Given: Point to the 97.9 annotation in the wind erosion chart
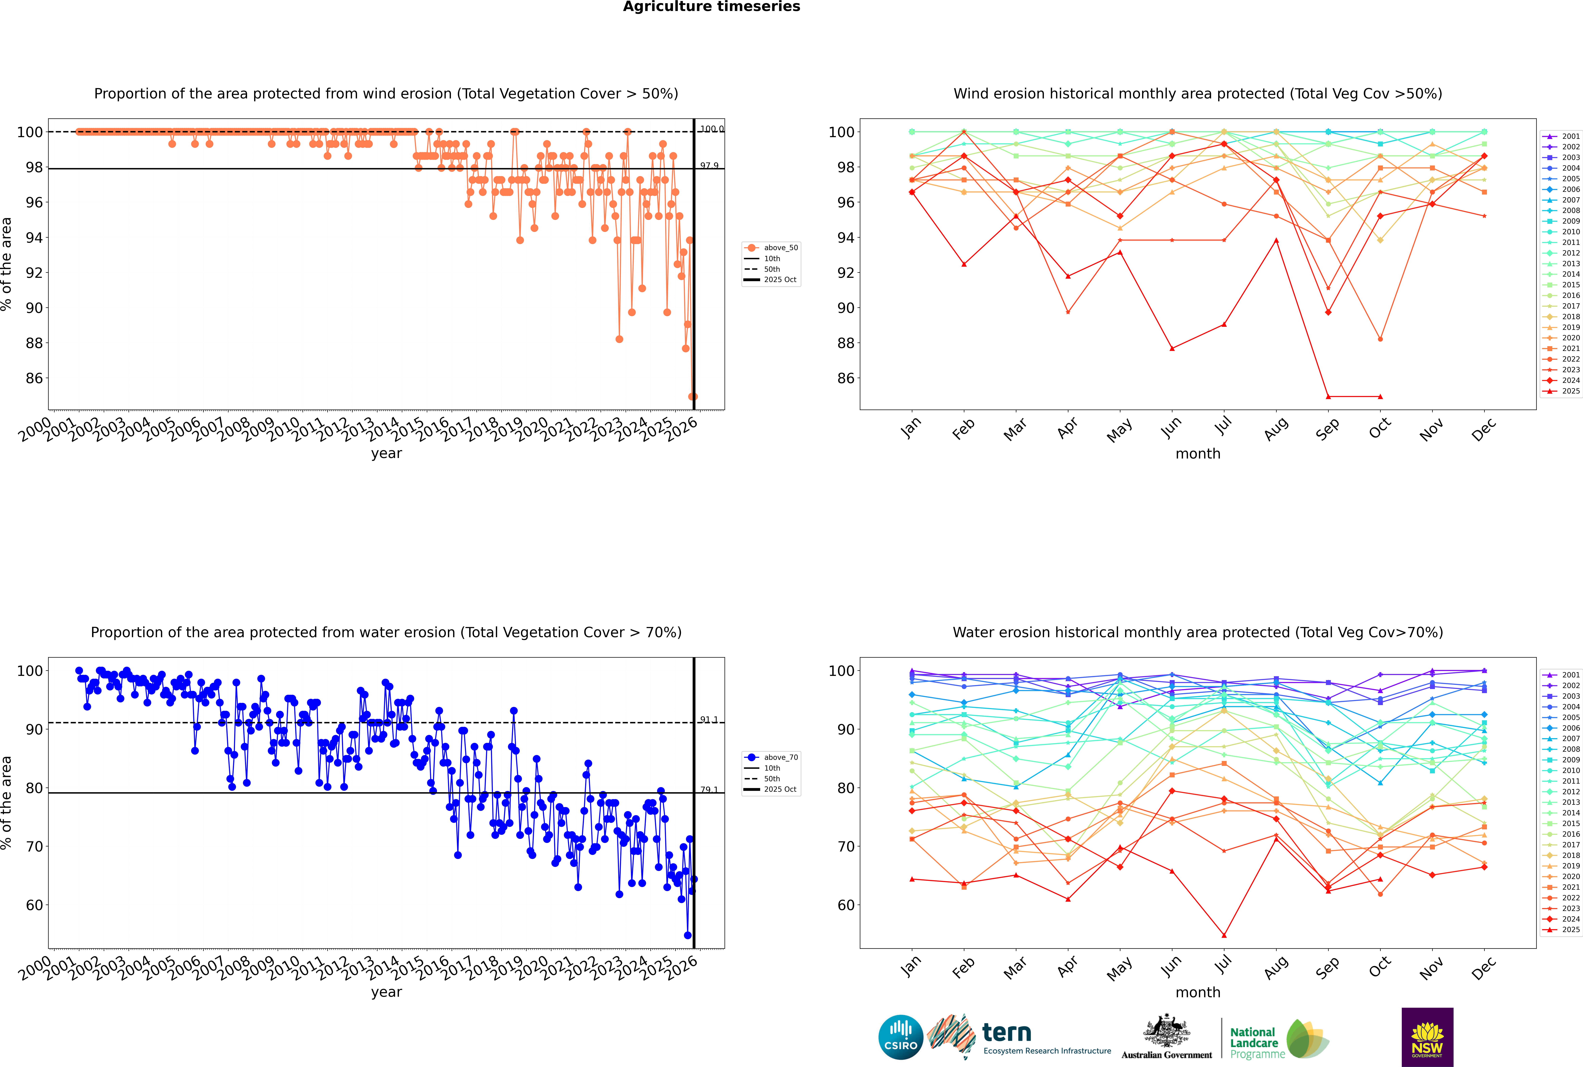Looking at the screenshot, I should point(709,165).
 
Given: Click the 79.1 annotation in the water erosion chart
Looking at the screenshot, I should point(709,789).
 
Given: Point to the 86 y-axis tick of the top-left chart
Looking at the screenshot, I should point(34,378).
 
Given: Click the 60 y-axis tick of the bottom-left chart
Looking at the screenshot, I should point(34,905).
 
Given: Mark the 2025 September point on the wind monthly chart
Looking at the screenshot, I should point(1328,397).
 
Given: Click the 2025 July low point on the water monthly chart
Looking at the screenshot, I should point(1224,936).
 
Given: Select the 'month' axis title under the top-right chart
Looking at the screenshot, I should point(1198,454).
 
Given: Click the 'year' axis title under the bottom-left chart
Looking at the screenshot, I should point(386,992).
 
